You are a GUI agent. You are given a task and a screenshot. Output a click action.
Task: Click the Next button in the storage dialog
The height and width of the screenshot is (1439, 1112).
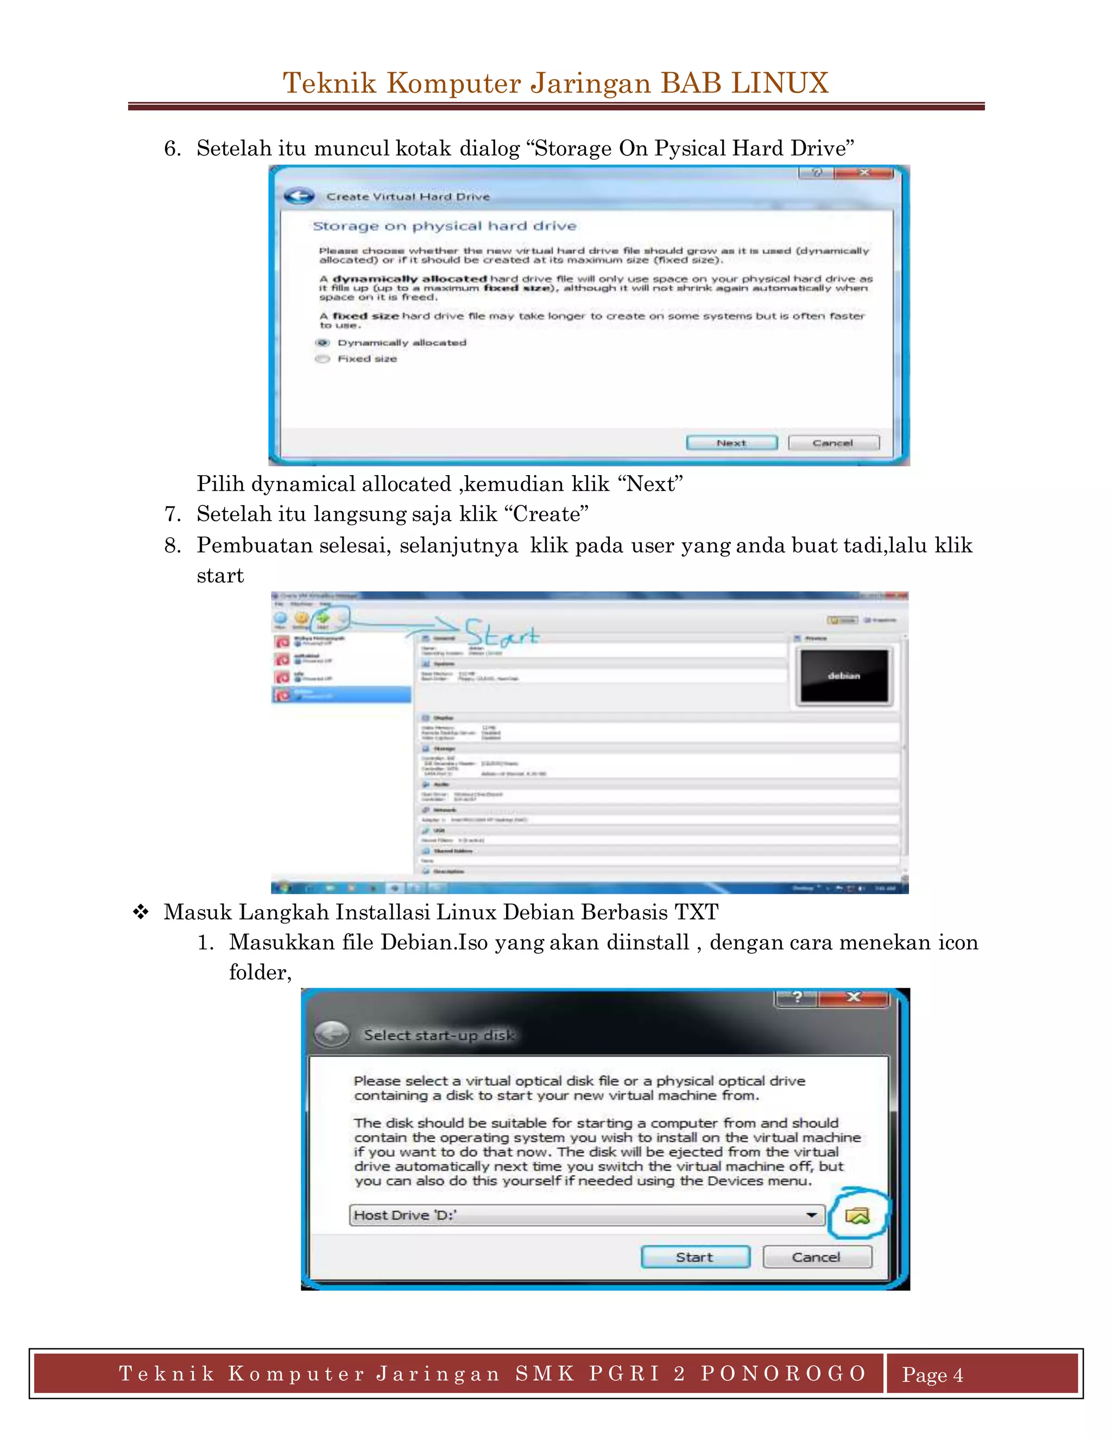click(731, 443)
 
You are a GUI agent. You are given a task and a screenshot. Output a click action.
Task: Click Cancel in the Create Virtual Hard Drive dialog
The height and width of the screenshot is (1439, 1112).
click(833, 443)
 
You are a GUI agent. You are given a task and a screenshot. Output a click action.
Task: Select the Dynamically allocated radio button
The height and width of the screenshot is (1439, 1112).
click(322, 343)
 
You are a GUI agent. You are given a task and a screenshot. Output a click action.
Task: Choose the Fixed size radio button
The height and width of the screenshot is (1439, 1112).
click(322, 359)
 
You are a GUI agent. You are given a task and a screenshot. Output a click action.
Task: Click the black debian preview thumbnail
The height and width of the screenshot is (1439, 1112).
click(844, 676)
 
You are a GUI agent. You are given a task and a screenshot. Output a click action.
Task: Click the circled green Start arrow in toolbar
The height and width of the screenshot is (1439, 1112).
click(323, 618)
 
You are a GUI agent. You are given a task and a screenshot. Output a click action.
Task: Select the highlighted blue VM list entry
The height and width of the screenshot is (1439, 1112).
click(341, 694)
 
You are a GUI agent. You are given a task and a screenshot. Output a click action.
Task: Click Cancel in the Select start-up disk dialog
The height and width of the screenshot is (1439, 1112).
click(816, 1257)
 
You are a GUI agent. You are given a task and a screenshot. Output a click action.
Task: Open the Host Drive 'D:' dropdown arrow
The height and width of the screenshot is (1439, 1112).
click(812, 1215)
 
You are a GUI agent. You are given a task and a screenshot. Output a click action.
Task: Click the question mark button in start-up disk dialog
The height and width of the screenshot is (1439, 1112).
click(797, 997)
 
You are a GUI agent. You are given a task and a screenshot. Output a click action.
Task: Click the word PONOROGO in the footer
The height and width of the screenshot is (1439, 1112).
click(784, 1373)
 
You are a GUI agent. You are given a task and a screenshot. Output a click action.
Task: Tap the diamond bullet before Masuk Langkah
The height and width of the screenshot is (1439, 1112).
click(140, 913)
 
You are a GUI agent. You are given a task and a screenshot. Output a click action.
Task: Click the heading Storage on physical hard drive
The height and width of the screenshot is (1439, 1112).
click(444, 226)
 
